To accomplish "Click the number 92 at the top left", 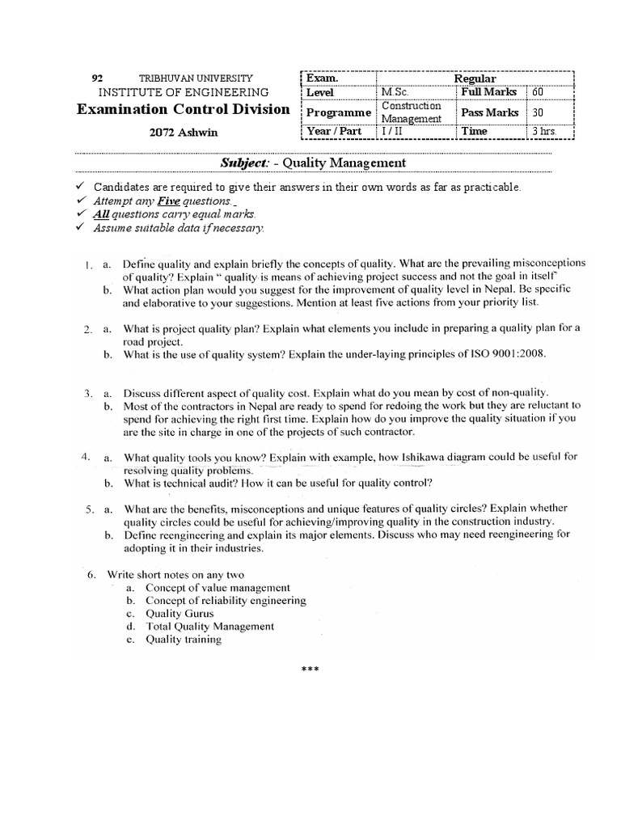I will (98, 78).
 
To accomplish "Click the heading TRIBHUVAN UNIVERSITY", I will (196, 78).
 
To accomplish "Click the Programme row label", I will (339, 112).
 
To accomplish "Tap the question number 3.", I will (87, 392).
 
